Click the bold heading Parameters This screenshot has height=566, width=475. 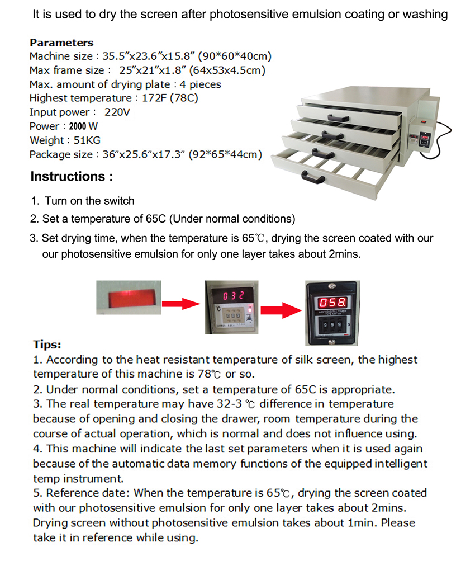61,43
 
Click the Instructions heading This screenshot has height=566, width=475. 72,177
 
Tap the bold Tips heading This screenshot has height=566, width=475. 47,345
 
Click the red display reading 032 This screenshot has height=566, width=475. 233,295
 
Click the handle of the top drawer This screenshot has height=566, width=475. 338,117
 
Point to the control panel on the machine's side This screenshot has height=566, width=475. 425,137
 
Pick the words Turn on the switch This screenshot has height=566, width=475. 89,201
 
